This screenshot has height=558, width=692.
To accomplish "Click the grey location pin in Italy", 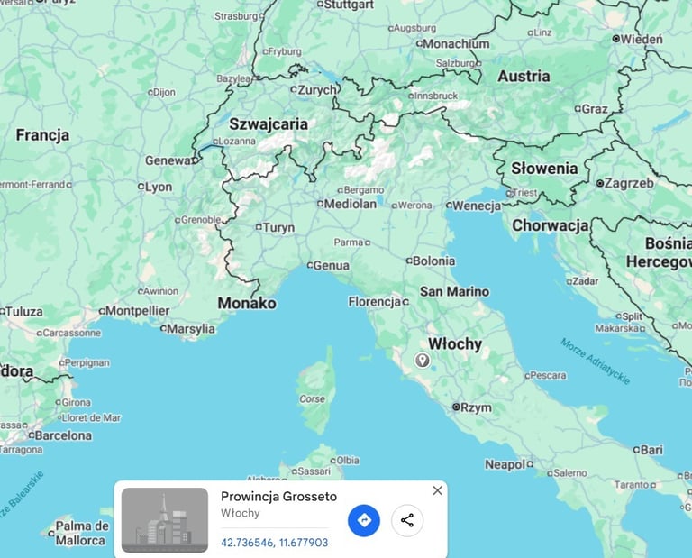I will [x=422, y=361].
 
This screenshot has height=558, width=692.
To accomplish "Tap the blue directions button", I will [x=364, y=520].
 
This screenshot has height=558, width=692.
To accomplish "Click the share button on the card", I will [x=407, y=520].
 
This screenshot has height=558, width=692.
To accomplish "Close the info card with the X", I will [x=437, y=490].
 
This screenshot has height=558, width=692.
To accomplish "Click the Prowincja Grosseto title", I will [x=278, y=497].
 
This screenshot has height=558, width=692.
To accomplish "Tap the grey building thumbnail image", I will [x=165, y=520].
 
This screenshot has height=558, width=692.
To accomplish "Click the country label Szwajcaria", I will [x=268, y=124].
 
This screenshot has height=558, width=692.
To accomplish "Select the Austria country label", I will [x=524, y=77].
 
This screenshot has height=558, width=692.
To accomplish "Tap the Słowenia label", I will [x=544, y=169].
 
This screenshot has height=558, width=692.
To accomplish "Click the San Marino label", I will [x=454, y=292].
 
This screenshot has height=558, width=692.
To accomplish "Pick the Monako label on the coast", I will [x=247, y=303].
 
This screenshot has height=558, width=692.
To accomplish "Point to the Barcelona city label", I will [x=62, y=435].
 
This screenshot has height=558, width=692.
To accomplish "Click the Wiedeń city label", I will [x=642, y=40].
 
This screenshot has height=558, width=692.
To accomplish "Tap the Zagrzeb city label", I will [x=629, y=183].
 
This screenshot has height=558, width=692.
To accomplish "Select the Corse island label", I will [x=312, y=398].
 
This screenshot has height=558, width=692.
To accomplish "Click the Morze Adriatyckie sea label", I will [x=596, y=361].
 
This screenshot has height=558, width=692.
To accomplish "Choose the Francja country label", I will [x=42, y=135].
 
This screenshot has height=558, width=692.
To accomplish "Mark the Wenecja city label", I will [x=477, y=206].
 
